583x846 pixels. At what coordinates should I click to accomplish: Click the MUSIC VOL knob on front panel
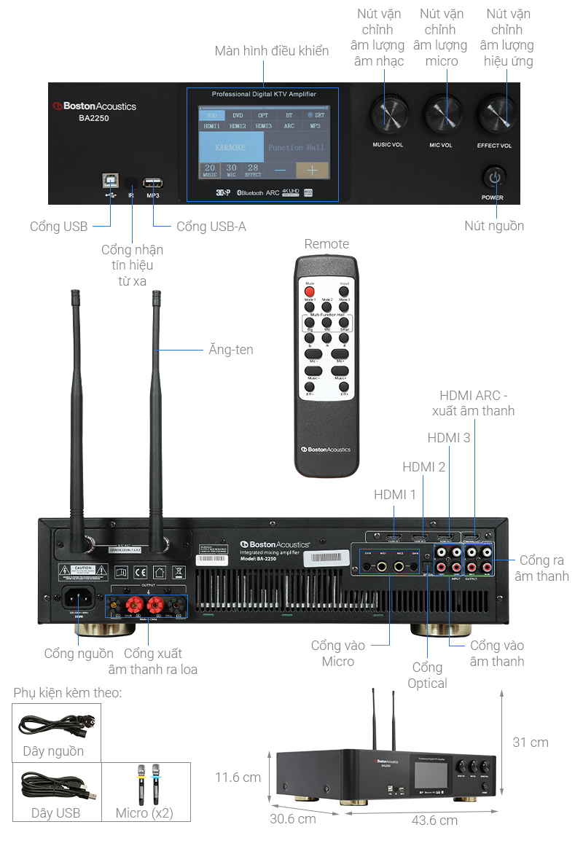tap(388, 115)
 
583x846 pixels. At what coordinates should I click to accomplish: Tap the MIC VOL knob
tap(442, 115)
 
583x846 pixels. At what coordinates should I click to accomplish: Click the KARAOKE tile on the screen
tap(230, 147)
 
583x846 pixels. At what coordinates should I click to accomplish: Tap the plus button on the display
tap(312, 170)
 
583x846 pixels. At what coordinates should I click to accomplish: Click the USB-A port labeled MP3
tap(153, 183)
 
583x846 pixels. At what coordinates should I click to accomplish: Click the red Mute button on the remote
tap(310, 291)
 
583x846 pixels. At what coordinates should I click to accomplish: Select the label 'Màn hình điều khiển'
tap(271, 51)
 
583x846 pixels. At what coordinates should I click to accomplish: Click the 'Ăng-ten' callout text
tap(230, 350)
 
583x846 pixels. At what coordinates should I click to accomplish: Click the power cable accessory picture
tap(56, 724)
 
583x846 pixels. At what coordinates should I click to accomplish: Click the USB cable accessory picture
tap(55, 786)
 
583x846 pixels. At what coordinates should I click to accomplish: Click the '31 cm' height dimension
tap(530, 743)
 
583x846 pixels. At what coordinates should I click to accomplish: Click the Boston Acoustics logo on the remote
tap(326, 450)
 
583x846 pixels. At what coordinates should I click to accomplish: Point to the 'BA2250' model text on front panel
tap(94, 118)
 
